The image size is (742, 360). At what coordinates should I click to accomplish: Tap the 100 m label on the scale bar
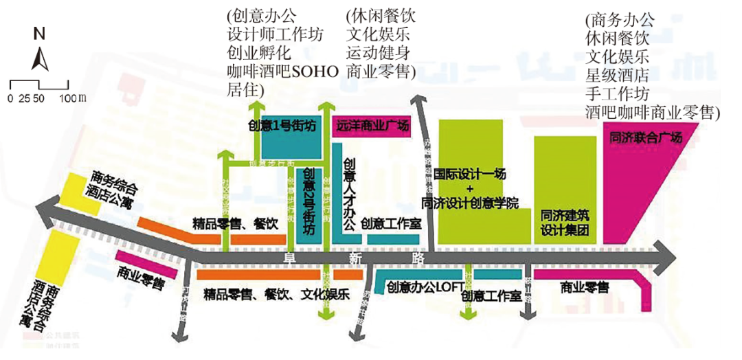73,99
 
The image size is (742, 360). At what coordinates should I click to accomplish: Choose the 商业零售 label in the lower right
584,287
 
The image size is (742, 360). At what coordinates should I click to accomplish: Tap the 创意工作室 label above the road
391,223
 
